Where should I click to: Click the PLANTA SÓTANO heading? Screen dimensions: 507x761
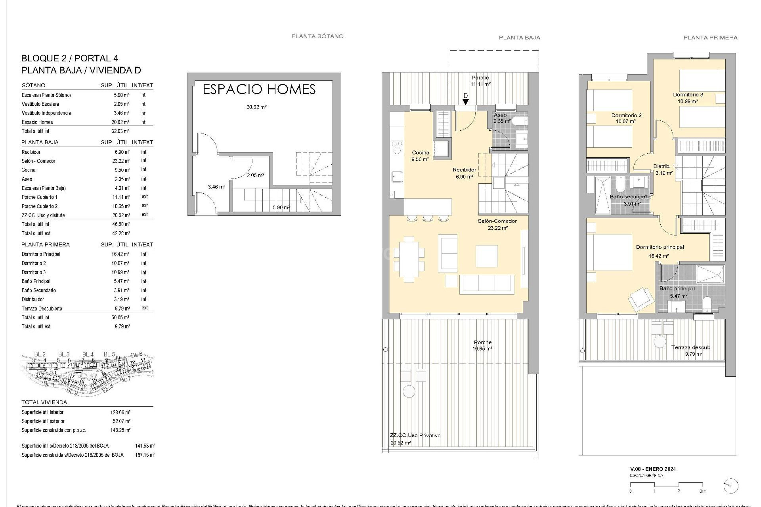pos(317,36)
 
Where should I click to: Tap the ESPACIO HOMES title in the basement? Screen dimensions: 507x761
pos(259,90)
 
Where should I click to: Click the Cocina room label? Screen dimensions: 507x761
pos(421,152)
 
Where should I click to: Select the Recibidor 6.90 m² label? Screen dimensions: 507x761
pos(465,173)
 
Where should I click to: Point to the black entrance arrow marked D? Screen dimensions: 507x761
pos(466,101)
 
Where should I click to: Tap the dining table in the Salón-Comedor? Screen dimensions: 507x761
pos(409,259)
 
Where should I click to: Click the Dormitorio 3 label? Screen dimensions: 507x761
pos(688,95)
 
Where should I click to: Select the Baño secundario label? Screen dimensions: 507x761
pos(630,196)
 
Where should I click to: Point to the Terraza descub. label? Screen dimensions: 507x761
pos(691,347)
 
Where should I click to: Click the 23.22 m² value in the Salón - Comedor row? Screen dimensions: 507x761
pos(121,161)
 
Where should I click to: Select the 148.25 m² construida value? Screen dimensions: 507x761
pos(120,430)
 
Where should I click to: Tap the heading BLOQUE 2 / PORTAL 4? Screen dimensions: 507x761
pos(70,58)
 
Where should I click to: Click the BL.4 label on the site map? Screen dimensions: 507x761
pos(88,354)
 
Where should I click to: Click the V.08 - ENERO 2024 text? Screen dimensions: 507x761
pos(653,469)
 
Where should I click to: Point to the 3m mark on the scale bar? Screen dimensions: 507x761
pos(703,491)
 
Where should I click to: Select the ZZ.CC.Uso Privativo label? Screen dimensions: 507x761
pos(415,435)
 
